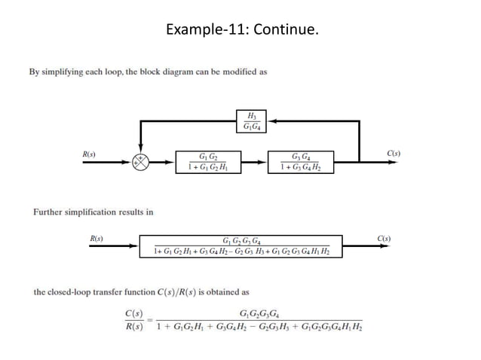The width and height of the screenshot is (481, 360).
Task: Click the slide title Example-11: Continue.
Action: click(241, 30)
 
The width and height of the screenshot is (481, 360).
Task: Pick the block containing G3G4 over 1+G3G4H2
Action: click(300, 161)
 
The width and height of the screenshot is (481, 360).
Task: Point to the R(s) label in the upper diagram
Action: click(89, 154)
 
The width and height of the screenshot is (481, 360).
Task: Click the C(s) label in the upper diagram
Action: click(393, 154)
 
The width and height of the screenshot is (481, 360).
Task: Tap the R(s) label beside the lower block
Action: click(96, 239)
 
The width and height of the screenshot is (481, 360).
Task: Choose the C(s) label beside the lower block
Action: click(383, 239)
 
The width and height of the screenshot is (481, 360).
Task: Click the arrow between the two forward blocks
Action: click(255, 161)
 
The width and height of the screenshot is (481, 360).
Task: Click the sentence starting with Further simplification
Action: click(93, 212)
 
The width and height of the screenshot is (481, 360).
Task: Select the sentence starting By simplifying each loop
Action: click(148, 72)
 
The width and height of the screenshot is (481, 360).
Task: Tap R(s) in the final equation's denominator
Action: click(135, 327)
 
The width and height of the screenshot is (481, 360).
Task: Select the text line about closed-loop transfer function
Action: click(142, 291)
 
